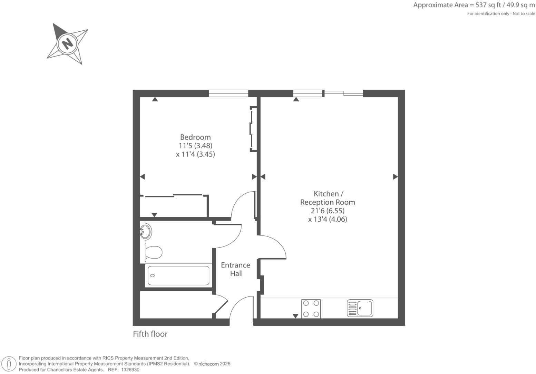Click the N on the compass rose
[68, 43]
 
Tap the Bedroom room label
[195, 137]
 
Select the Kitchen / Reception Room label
[328, 198]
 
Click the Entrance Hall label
[236, 269]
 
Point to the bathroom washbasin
[146, 232]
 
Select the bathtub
[178, 275]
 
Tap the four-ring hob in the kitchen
[311, 309]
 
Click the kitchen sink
[360, 308]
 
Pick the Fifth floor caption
[150, 334]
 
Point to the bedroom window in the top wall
[228, 93]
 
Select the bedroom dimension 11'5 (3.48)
[195, 145]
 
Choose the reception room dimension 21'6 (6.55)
[328, 211]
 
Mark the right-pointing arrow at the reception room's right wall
[395, 177]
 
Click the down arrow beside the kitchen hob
[295, 316]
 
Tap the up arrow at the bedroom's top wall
[155, 99]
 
